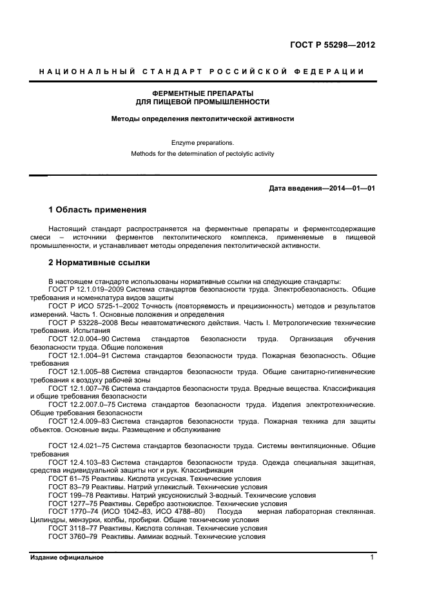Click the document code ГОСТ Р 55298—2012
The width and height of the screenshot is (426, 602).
(333, 45)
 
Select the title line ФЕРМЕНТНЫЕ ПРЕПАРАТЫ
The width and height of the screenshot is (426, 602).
(202, 93)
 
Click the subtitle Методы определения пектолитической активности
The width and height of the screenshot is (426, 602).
(202, 118)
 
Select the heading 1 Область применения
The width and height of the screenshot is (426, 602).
(97, 210)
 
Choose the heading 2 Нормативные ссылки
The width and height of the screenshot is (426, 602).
(99, 263)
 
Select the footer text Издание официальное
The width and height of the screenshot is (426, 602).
(66, 558)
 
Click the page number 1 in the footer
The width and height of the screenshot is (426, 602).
(372, 558)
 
